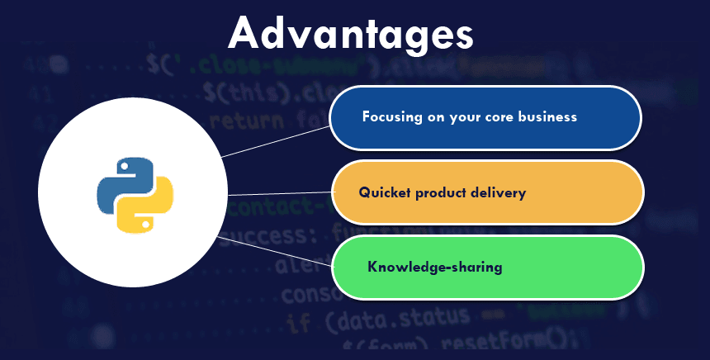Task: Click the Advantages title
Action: tap(351, 34)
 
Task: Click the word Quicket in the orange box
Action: tap(385, 192)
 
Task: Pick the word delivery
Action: tap(499, 192)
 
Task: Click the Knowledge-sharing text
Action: tap(434, 268)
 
